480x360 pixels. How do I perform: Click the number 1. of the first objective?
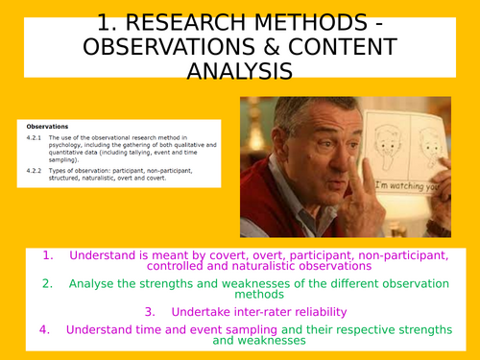pos(47,255)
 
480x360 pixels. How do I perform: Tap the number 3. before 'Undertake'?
pos(152,311)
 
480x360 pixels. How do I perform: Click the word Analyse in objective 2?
pos(95,283)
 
